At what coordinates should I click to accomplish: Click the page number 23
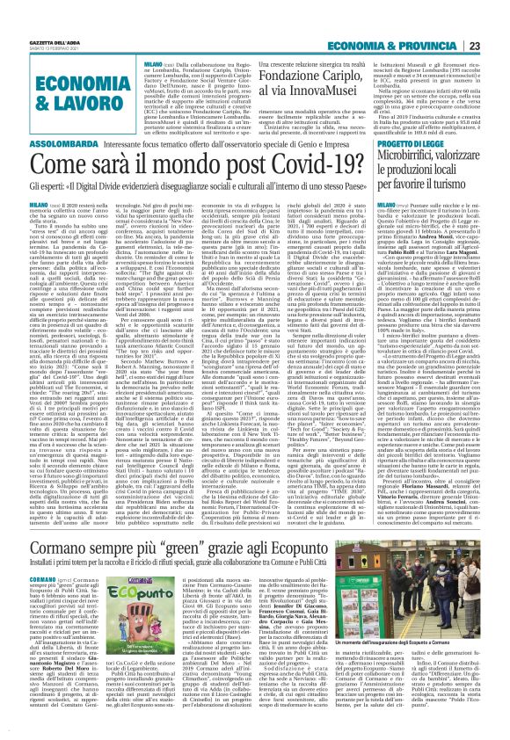click(x=498, y=21)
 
